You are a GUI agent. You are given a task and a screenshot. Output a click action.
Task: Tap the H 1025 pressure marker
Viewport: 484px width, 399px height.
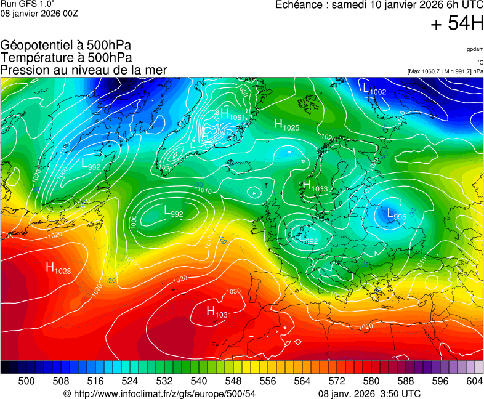pos(286,125)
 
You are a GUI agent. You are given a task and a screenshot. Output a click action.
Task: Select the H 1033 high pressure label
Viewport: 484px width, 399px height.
pos(315,186)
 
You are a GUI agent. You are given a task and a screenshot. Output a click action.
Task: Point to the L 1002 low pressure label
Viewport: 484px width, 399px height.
pos(374,90)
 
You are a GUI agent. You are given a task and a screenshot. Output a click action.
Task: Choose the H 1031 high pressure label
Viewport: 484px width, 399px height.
pos(219,312)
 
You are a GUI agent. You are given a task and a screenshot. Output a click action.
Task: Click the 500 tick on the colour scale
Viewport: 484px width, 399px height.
pos(26,381)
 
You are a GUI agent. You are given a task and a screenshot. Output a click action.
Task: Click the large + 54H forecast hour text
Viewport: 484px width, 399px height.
pos(457,24)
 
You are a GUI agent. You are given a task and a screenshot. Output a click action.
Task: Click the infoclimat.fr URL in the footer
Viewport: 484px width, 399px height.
pos(159,393)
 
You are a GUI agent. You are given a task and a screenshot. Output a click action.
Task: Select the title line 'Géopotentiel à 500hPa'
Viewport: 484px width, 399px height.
pos(66,46)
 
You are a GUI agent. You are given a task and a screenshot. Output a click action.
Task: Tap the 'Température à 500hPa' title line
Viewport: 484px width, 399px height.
pos(67,57)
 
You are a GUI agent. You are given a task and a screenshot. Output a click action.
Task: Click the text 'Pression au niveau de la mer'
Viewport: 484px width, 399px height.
pos(84,70)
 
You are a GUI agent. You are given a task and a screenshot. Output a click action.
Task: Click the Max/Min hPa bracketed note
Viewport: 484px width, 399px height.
pos(445,71)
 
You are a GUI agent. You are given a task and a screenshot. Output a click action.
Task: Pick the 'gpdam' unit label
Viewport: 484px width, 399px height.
pos(475,49)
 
